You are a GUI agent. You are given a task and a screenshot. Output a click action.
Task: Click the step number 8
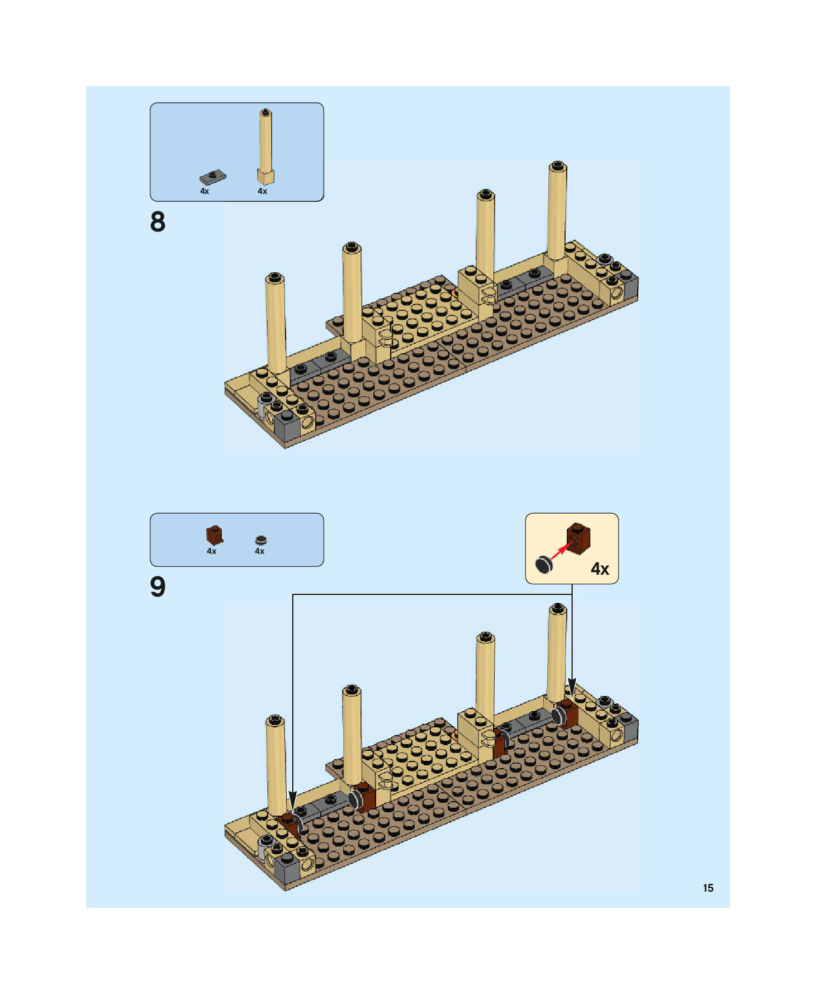click(x=158, y=221)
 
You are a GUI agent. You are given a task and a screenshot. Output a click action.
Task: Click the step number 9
click(x=158, y=587)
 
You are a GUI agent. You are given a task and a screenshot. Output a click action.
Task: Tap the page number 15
click(x=708, y=888)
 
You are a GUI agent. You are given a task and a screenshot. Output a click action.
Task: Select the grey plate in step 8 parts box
click(x=212, y=177)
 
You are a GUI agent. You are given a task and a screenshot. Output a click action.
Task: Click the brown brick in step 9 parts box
click(x=214, y=535)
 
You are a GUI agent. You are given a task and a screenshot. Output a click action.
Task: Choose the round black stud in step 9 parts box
click(x=260, y=540)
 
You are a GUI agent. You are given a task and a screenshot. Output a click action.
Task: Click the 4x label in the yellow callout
click(x=600, y=569)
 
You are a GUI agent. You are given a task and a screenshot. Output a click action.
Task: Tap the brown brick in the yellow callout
click(x=578, y=538)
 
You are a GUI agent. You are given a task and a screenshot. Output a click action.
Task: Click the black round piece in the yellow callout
click(x=544, y=565)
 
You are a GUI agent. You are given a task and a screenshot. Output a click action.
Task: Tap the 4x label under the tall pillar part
click(x=262, y=191)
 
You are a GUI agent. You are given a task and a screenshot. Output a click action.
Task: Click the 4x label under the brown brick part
click(x=211, y=551)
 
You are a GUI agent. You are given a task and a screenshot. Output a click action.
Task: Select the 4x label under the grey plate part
click(x=205, y=191)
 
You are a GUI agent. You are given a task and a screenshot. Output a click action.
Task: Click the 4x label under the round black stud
click(x=259, y=551)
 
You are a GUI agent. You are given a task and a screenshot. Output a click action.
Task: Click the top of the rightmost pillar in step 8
click(x=557, y=166)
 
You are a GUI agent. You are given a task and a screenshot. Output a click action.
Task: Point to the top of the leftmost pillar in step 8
click(x=274, y=277)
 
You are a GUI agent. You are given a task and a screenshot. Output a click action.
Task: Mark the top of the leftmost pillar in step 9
click(x=274, y=720)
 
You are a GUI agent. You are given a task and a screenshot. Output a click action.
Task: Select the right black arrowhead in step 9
click(x=572, y=685)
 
